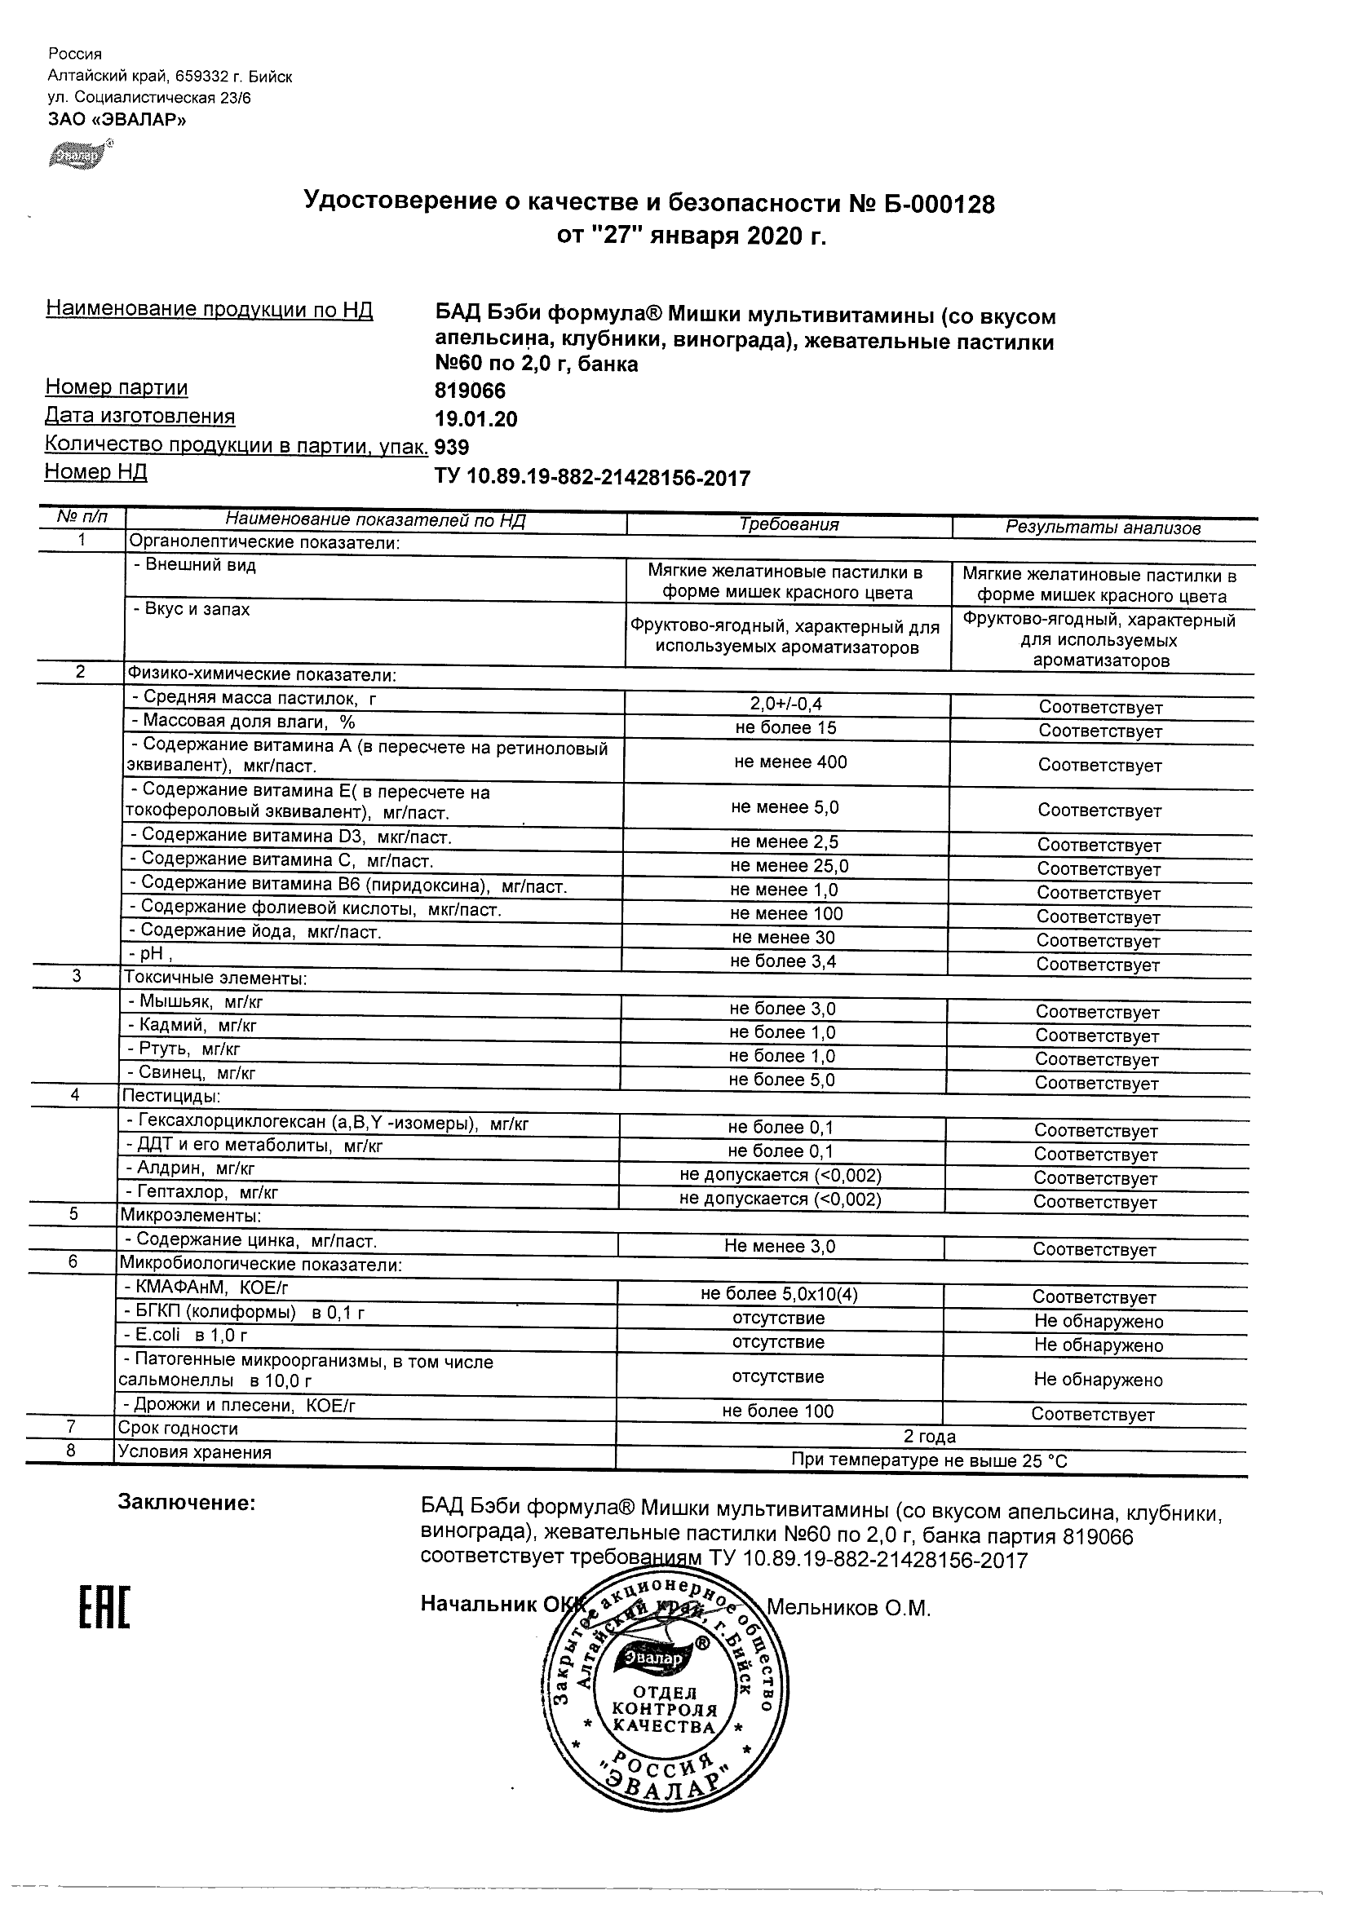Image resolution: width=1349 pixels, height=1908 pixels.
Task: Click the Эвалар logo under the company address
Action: (x=81, y=155)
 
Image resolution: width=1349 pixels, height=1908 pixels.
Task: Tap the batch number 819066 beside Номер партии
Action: (x=471, y=391)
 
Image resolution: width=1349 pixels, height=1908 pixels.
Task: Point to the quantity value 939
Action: (x=452, y=448)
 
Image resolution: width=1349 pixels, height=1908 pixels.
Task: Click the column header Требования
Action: (x=789, y=524)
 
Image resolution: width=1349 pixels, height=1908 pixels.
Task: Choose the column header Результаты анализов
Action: (x=1102, y=528)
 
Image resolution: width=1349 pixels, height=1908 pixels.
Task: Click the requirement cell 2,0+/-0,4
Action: (x=785, y=704)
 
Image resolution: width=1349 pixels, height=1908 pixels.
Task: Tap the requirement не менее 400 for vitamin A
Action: (x=790, y=762)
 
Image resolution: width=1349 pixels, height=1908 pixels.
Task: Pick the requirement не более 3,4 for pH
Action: (x=783, y=961)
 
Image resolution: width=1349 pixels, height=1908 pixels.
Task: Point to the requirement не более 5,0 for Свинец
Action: (x=782, y=1080)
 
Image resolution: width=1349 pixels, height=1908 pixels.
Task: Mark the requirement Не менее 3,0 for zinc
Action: (x=780, y=1247)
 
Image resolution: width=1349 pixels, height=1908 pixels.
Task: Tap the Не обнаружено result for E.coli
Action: (x=1098, y=1345)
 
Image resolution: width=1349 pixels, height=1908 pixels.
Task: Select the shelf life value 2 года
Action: (x=929, y=1436)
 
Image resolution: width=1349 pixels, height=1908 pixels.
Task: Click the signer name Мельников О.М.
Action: (x=847, y=1609)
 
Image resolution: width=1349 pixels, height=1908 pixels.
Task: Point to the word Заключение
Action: (x=186, y=1503)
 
